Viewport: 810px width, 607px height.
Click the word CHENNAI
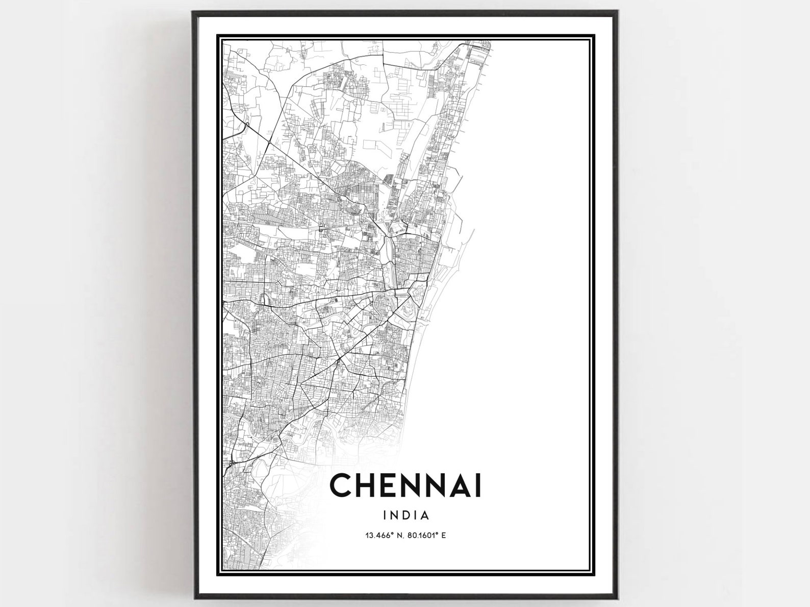[406, 485]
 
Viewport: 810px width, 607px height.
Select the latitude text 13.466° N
[383, 536]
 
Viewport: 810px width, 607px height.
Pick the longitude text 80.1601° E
[425, 536]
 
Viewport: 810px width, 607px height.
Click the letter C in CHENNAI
[341, 485]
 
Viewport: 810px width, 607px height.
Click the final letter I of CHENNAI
[477, 485]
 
